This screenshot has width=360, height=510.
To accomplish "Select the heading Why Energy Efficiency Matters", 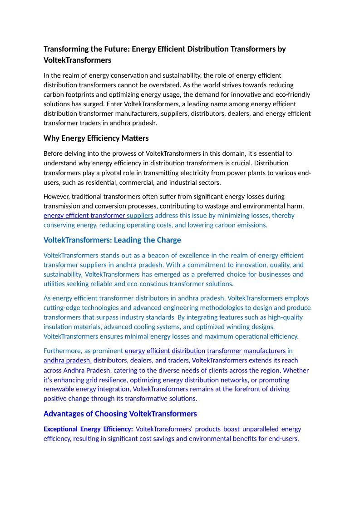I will tap(96, 138).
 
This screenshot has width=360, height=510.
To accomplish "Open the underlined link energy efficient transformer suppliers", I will tap(98, 215).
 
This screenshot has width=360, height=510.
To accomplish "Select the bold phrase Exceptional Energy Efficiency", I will tap(88, 429).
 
